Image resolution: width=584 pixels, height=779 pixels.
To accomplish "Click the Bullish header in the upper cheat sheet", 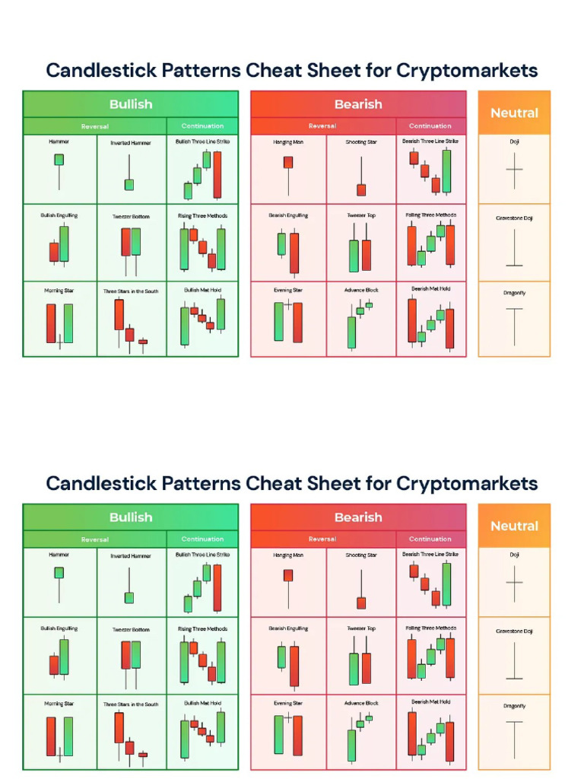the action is point(131,104).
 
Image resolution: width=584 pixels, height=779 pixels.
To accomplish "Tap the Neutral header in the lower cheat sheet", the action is point(515,526).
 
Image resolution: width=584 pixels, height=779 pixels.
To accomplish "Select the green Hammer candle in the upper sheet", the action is point(59,160).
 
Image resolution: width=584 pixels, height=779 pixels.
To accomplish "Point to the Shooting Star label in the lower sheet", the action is point(361,555).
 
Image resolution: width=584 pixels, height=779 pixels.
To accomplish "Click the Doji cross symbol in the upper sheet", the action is point(515,170).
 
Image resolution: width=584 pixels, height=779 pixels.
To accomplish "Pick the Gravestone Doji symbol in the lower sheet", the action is point(515,661).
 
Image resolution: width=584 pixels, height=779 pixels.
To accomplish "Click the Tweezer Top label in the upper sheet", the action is point(361,215).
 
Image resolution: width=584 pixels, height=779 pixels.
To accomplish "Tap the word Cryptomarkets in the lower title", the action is point(467,483).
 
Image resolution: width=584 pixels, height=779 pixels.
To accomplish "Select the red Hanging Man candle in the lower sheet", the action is point(288,575).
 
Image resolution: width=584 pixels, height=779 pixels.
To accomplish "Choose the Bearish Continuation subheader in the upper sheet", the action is point(430,126).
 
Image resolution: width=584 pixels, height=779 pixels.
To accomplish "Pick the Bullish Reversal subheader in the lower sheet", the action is point(95,539).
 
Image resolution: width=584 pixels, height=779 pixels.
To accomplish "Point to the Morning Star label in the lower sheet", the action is point(59,704).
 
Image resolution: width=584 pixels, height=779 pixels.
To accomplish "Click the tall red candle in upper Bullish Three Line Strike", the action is point(217,175).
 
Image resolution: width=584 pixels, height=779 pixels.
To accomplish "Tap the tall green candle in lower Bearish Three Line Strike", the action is point(446,585).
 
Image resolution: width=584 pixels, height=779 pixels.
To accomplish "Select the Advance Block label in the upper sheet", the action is point(361,290).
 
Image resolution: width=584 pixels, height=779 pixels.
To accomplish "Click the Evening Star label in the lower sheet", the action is point(288,704).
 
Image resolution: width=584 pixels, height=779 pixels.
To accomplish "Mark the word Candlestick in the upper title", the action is point(101,71).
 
